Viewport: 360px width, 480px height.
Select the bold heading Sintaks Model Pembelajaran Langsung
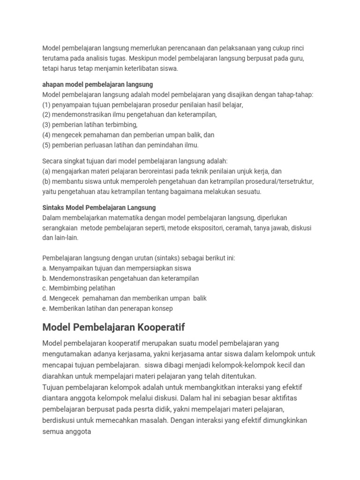(x=99, y=207)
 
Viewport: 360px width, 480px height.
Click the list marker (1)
(x=46, y=105)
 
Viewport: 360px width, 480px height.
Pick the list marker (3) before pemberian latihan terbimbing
(x=46, y=125)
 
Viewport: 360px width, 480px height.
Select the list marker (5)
(x=46, y=145)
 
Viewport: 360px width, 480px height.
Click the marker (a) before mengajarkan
(x=46, y=171)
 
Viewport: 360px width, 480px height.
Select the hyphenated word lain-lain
(x=66, y=238)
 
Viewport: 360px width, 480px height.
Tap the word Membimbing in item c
(x=67, y=288)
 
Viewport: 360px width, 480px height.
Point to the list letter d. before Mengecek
(x=45, y=298)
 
